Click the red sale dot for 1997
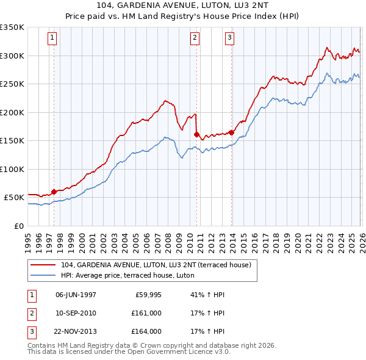click(x=54, y=192)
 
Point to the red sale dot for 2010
click(x=197, y=134)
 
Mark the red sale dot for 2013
click(x=232, y=132)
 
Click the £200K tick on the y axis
click(x=12, y=112)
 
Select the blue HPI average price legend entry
click(x=127, y=276)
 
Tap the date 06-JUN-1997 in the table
click(x=76, y=295)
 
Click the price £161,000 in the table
click(x=146, y=313)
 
